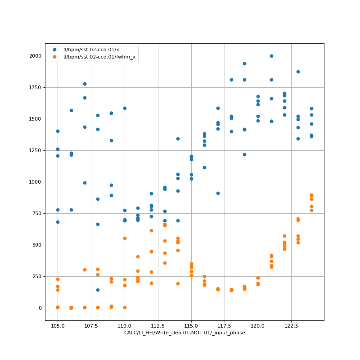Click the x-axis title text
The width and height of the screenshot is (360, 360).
click(184, 333)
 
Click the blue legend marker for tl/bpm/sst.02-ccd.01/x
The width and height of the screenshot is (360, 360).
click(54, 50)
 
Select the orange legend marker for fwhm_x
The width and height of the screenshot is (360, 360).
click(54, 57)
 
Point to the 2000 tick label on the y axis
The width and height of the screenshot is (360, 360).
click(34, 56)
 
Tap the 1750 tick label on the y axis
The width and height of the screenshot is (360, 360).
click(34, 87)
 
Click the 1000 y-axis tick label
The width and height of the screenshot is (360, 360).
click(34, 182)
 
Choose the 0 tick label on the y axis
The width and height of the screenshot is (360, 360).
click(40, 308)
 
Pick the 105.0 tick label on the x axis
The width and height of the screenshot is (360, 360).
click(58, 325)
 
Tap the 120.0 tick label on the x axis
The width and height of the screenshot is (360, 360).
click(258, 325)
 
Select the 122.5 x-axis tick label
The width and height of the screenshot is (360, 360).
click(291, 325)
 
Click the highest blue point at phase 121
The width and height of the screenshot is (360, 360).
click(271, 56)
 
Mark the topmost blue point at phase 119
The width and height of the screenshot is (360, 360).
click(244, 63)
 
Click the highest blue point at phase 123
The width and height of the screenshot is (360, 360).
click(298, 72)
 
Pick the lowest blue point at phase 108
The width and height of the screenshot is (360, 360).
click(98, 290)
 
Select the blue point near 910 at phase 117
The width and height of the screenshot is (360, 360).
click(218, 193)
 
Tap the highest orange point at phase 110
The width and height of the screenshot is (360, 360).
click(125, 238)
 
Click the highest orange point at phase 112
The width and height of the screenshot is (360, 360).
click(151, 230)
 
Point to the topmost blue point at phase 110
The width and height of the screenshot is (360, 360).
click(125, 108)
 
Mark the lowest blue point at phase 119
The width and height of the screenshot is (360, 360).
click(244, 154)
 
